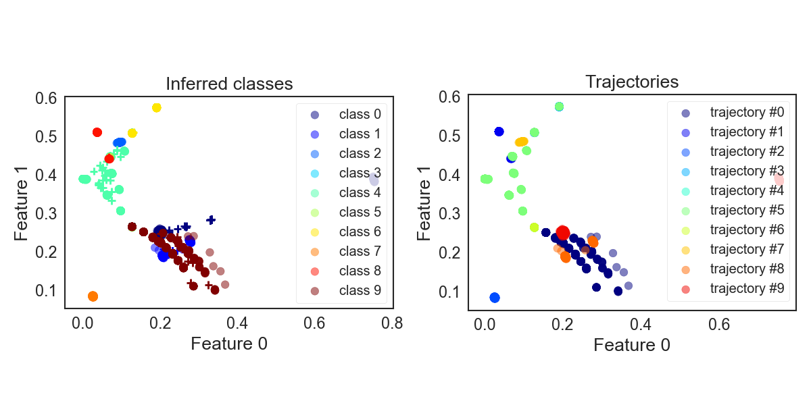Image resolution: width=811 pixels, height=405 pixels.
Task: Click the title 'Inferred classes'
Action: (x=229, y=84)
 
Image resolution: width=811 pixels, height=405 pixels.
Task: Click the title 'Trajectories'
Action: (x=631, y=82)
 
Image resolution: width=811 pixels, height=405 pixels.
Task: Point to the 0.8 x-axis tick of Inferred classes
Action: (x=393, y=323)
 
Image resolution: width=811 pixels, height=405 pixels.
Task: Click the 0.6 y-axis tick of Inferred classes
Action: (x=45, y=98)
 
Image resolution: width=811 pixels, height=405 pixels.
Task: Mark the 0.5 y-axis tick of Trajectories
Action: (x=448, y=136)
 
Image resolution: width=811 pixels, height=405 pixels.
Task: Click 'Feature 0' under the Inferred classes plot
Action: (x=229, y=344)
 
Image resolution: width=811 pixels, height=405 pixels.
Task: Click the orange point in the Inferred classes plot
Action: (x=93, y=296)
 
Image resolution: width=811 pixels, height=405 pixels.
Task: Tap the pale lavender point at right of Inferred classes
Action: (x=374, y=179)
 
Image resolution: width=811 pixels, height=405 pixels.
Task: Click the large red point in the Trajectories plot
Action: (x=562, y=233)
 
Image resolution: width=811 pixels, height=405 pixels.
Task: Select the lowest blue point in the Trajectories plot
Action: (x=495, y=298)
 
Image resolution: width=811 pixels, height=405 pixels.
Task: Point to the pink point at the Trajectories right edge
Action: (x=779, y=179)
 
